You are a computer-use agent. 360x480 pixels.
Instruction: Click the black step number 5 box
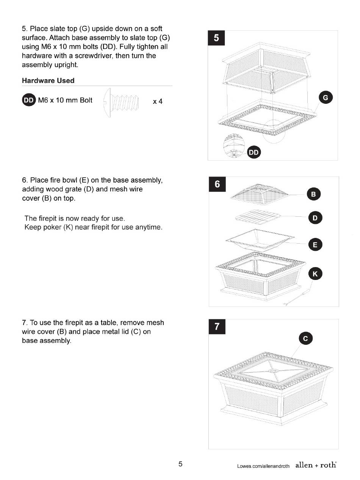(x=216, y=38)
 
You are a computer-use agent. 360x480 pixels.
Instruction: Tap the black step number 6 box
(x=217, y=184)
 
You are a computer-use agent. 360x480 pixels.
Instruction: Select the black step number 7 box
(x=217, y=327)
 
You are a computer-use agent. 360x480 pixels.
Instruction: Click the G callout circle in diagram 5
(x=326, y=97)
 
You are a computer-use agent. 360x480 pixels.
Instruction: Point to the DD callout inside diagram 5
(x=254, y=152)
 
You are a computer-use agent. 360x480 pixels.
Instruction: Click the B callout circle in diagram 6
(x=313, y=194)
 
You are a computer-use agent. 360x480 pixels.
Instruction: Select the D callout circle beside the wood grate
(x=315, y=218)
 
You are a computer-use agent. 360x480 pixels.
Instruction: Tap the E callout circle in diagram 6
(x=315, y=244)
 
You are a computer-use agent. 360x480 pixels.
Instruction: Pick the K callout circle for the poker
(x=315, y=274)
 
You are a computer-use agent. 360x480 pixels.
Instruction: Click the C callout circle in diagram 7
(x=305, y=338)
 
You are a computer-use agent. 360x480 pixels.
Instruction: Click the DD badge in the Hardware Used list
(x=29, y=100)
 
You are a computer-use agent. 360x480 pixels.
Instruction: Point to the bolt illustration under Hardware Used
(x=121, y=103)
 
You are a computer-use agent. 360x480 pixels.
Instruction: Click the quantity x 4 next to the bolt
(x=158, y=102)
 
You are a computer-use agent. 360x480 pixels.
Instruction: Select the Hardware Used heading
(x=48, y=80)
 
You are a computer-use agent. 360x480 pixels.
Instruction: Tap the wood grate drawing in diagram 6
(x=258, y=217)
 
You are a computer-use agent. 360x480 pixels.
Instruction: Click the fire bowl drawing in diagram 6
(x=260, y=240)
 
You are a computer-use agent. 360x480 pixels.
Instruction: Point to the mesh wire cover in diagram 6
(x=260, y=194)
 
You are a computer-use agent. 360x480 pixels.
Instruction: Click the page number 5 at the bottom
(x=180, y=464)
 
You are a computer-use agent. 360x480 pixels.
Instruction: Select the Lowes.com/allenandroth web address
(x=263, y=466)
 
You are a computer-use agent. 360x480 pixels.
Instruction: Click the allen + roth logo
(x=316, y=465)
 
